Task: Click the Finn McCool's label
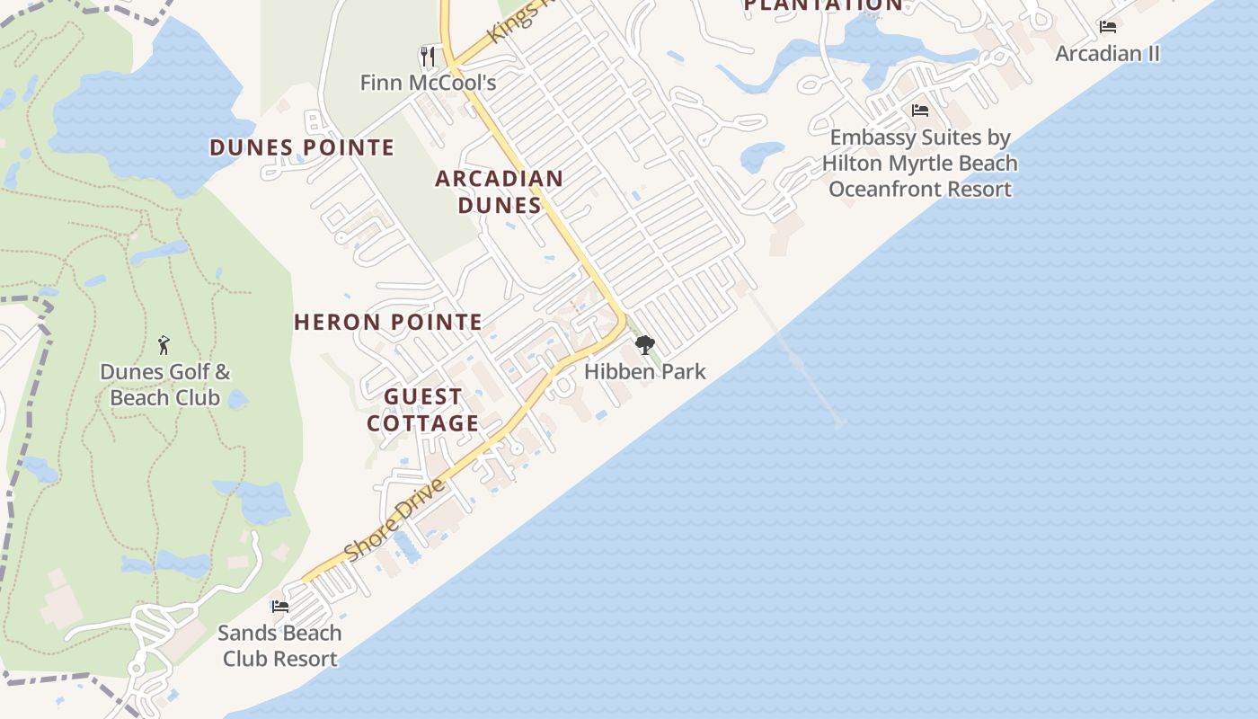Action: [x=428, y=83]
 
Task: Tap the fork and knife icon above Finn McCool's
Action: [x=428, y=57]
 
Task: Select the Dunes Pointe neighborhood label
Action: [x=302, y=147]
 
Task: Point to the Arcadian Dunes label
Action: [x=500, y=191]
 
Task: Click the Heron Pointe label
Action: [x=388, y=322]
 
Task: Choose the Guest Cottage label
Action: [x=422, y=410]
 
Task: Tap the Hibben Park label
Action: [x=645, y=371]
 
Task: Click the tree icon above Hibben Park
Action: [x=644, y=345]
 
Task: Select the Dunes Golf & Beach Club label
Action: [x=164, y=385]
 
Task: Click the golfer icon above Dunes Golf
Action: [x=164, y=344]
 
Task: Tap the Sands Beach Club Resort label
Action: [x=279, y=645]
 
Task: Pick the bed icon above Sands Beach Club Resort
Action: [x=280, y=607]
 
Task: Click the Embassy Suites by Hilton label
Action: [x=920, y=164]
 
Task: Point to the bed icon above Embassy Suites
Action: [x=920, y=111]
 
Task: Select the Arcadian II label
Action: [x=1107, y=53]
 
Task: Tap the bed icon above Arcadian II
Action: [x=1108, y=27]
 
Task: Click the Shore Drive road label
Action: [x=394, y=520]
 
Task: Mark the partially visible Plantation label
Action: [x=823, y=5]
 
